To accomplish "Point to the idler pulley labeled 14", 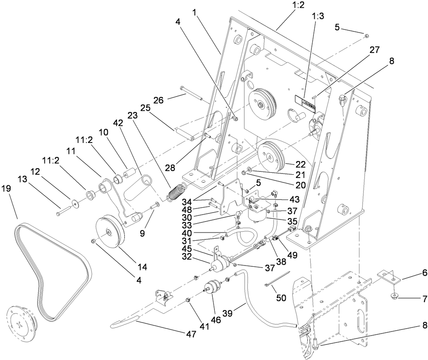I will point(109,231).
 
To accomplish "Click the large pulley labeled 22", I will point(270,157).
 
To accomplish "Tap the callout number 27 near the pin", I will point(375,50).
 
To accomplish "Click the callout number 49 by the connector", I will point(292,255).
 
